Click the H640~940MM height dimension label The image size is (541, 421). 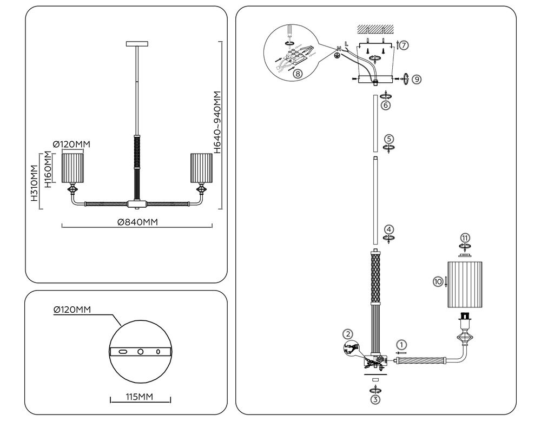(x=217, y=122)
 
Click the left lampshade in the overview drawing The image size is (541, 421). (x=74, y=168)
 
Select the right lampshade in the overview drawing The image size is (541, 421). (x=199, y=168)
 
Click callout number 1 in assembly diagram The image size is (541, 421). (x=400, y=344)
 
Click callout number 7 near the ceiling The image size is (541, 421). (x=404, y=45)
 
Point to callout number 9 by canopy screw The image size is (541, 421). (x=416, y=79)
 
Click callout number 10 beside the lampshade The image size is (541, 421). (x=438, y=281)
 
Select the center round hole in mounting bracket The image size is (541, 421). (x=140, y=352)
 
